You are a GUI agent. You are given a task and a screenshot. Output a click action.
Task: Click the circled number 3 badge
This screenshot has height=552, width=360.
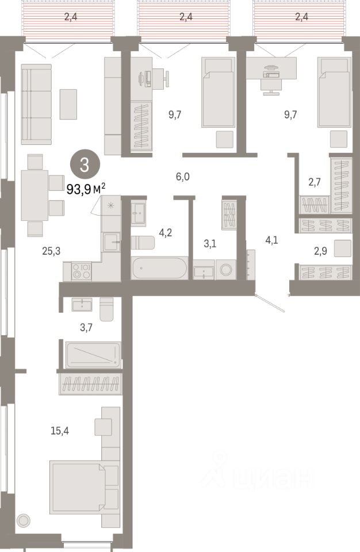tap(85, 166)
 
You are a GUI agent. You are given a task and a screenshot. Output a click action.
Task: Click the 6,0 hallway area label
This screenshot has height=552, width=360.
tap(182, 177)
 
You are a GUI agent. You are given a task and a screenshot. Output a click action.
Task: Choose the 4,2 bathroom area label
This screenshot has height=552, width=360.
tap(166, 233)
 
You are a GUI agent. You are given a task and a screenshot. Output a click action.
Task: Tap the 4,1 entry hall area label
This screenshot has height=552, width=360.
tap(271, 240)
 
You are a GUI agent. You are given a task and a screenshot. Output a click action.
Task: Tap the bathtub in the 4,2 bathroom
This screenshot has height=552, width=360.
tap(159, 268)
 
